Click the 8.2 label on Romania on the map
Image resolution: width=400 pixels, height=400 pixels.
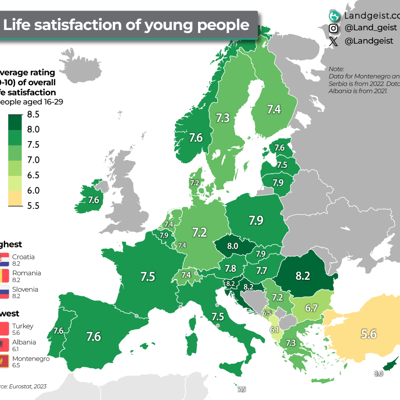coord(303,276)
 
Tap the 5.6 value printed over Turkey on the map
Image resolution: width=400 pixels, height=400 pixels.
coord(369,334)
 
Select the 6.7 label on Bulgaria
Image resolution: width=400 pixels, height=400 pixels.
coord(311,308)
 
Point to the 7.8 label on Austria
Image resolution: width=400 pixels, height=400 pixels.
coord(230,268)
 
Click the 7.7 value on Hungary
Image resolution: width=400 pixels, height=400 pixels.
coord(262,271)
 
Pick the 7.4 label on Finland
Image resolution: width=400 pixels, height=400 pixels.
coord(274,109)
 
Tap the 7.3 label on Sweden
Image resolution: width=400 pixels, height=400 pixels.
coord(223,118)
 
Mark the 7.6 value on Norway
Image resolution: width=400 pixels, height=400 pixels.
coord(196,138)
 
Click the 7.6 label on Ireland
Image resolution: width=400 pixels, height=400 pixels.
coord(94,200)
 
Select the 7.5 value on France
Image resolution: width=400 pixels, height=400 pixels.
coord(148,277)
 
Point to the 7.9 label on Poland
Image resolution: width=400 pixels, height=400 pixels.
coord(256,220)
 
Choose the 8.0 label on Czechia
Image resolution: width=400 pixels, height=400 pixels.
coord(233,246)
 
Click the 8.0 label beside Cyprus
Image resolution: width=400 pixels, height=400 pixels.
coord(378,374)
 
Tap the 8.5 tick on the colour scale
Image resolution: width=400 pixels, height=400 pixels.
coord(33,115)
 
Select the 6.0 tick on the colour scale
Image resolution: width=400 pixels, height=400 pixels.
coord(33,191)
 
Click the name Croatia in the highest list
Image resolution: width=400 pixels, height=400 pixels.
coord(23,257)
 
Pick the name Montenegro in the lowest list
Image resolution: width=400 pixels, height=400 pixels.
coord(31,359)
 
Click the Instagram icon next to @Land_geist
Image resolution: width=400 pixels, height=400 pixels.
coord(333,28)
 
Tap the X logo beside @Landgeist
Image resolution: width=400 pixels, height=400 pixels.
coord(333,41)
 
